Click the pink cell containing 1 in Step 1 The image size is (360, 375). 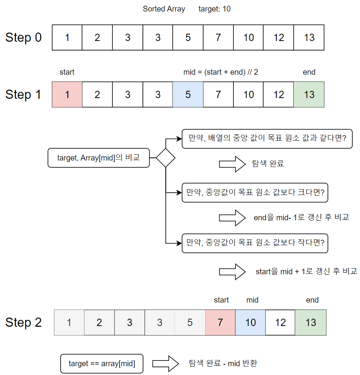[67, 94]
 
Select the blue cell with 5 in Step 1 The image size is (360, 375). [188, 94]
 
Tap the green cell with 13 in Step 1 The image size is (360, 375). [309, 94]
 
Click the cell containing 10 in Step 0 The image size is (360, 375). [248, 38]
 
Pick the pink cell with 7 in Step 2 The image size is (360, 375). [220, 323]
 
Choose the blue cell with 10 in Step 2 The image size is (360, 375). [250, 323]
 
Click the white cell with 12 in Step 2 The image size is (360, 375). [280, 323]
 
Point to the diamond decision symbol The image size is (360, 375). [165, 158]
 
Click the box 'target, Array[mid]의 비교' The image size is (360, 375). [99, 158]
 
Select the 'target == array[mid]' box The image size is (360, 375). [102, 364]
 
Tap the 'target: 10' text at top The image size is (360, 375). [215, 9]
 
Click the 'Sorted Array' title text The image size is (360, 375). [164, 9]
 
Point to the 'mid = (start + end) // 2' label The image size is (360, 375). [221, 72]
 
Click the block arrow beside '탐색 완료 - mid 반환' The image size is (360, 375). [166, 363]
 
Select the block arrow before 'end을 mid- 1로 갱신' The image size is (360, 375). [232, 218]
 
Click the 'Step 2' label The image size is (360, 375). [23, 323]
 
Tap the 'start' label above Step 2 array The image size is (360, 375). [221, 300]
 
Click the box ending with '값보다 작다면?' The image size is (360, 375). [255, 243]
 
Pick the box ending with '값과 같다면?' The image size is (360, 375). [267, 139]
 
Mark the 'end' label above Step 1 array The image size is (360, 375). [309, 72]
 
